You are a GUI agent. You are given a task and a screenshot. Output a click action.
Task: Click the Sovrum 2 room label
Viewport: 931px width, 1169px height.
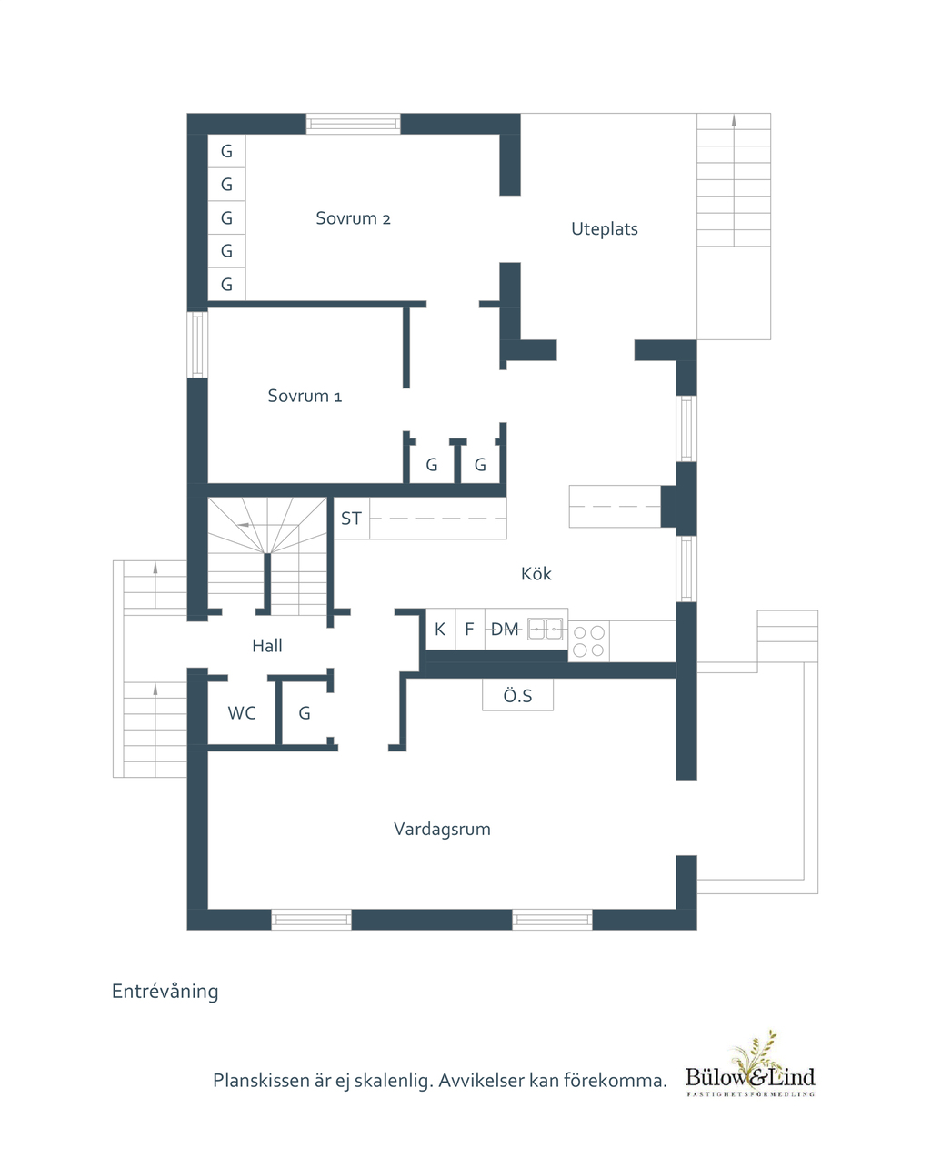coord(353,218)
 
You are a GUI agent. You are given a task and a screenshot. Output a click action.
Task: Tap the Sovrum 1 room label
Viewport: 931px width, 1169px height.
coord(305,396)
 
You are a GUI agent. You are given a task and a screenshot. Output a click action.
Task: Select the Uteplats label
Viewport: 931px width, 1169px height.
coord(605,228)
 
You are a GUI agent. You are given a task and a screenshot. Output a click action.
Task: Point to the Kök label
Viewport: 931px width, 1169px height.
coord(536,574)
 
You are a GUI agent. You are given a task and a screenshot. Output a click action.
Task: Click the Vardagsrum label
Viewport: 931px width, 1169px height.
coord(442,830)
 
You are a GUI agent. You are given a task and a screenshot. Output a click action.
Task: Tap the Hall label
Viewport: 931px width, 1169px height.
coord(267,646)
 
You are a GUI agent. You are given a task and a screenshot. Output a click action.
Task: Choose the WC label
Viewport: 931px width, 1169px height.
coord(242,713)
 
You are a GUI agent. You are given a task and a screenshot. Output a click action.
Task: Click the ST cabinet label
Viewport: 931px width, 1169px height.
coord(351,519)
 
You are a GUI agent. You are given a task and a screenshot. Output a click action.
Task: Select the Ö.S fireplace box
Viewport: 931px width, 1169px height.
coord(517,695)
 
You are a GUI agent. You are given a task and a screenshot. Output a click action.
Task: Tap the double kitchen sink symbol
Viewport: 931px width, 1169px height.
coord(545,629)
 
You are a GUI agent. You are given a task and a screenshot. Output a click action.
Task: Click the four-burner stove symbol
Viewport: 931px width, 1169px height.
coord(588,641)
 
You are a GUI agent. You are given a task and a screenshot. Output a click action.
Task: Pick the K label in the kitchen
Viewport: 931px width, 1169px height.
coord(440,629)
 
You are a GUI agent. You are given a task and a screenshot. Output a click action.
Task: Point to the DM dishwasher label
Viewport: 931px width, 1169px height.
coord(505,629)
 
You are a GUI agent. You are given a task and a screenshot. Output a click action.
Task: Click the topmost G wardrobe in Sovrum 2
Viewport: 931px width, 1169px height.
coord(226,151)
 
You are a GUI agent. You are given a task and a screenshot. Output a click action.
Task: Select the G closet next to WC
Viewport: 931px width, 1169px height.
coord(305,713)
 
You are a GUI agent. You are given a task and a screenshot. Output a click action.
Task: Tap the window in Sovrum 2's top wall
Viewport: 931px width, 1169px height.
coord(353,124)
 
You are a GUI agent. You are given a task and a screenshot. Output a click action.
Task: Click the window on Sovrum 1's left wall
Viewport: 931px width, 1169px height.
coord(197,345)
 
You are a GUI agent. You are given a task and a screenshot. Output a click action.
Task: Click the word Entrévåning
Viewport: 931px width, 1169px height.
coord(165,992)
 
